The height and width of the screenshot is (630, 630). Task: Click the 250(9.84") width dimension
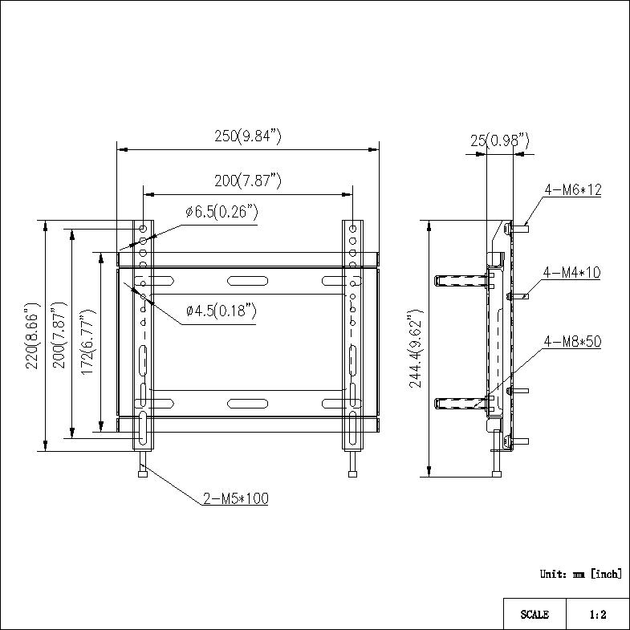[x=248, y=136]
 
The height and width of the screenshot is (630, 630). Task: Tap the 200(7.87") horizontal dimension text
[x=248, y=181]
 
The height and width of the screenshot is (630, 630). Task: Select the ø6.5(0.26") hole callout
[x=222, y=212]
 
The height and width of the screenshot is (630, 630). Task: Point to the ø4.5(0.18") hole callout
[x=222, y=311]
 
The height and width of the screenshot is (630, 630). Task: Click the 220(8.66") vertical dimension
[x=32, y=335]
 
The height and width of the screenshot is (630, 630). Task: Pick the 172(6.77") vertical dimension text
[x=88, y=343]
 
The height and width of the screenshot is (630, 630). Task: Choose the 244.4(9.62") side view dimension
[x=416, y=348]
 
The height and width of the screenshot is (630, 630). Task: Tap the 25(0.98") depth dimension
[x=500, y=140]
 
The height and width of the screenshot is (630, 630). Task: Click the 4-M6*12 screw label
[x=573, y=189]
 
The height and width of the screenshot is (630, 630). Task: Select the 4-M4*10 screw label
[x=571, y=272]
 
